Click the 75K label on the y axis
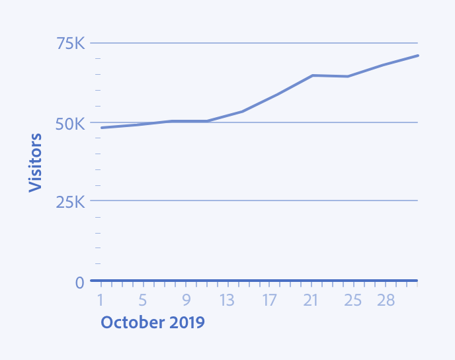71,44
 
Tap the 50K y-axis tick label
71,124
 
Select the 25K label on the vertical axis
71,202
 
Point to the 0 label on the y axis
79,283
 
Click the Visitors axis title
36,162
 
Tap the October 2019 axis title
152,322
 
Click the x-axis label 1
101,300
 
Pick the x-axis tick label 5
142,300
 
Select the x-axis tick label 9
186,300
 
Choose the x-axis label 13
227,300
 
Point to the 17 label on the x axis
269,300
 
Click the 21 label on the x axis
311,300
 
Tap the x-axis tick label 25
353,300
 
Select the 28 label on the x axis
386,300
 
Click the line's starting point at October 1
101,128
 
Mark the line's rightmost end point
418,56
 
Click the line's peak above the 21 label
312,75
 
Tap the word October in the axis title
130,322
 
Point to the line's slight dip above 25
348,76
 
